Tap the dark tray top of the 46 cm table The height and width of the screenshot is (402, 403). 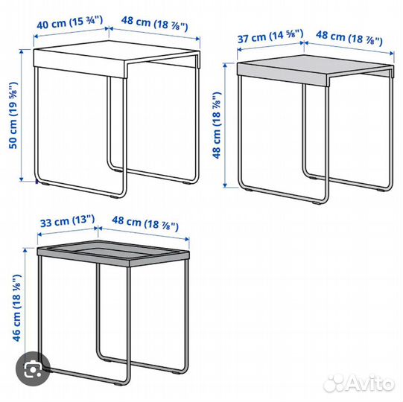coord(112,255)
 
